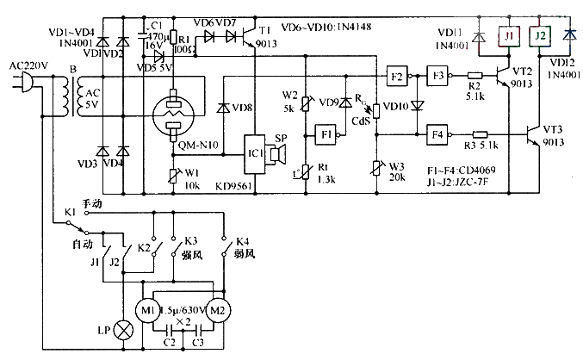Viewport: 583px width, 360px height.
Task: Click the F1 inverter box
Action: point(326,135)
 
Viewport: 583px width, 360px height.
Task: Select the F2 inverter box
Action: point(396,76)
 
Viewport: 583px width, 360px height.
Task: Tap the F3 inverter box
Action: point(437,76)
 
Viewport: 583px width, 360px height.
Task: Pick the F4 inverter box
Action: point(437,134)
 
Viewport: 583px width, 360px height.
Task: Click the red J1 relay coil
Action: point(510,36)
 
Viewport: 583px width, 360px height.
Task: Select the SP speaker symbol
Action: point(278,154)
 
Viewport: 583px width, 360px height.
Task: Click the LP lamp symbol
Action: point(127,331)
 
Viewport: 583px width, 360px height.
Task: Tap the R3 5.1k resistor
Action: point(481,134)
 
